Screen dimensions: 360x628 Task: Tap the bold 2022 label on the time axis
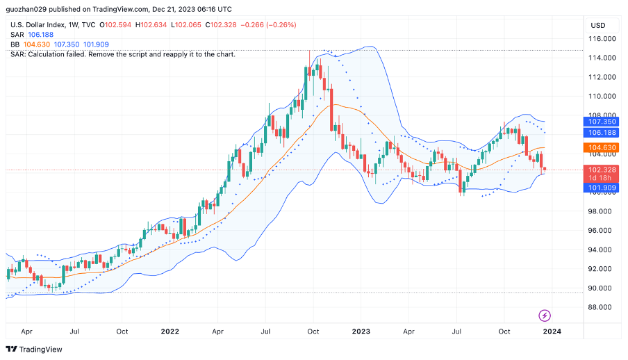point(170,332)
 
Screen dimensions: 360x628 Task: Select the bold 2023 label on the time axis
point(361,332)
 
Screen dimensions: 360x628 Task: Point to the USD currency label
point(597,25)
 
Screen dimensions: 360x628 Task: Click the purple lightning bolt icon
point(545,316)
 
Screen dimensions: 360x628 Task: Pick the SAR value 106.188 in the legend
point(40,35)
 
